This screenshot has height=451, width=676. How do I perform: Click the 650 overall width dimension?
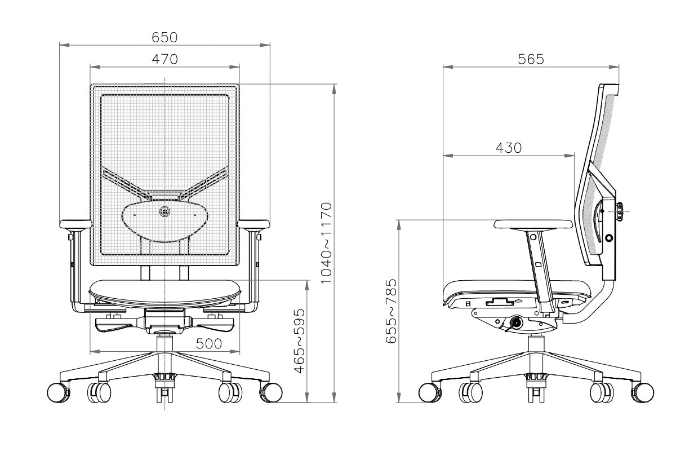pyautogui.click(x=164, y=37)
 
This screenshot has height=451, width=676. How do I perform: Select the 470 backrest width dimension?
pyautogui.click(x=164, y=59)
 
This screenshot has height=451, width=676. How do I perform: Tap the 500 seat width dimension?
pyautogui.click(x=208, y=343)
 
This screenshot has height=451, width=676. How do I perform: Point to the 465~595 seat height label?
pyautogui.click(x=300, y=341)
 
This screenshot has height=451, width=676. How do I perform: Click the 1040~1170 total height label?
pyautogui.click(x=328, y=242)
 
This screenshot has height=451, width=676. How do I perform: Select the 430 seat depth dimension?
pyautogui.click(x=509, y=148)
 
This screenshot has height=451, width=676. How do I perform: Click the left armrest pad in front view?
pyautogui.click(x=75, y=223)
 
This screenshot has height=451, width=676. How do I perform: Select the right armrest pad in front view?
pyautogui.click(x=254, y=223)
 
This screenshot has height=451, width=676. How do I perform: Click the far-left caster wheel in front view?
pyautogui.click(x=57, y=392)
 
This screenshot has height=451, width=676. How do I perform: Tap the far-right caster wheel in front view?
pyautogui.click(x=272, y=392)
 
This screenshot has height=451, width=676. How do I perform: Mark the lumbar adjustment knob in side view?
pyautogui.click(x=620, y=211)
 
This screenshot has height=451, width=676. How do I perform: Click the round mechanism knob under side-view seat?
pyautogui.click(x=515, y=323)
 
